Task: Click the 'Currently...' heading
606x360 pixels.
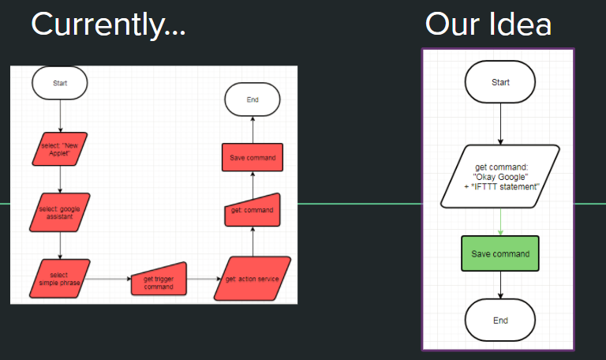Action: (x=108, y=25)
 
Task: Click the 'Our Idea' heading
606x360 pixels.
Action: (x=488, y=25)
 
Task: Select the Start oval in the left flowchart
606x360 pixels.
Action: (x=60, y=83)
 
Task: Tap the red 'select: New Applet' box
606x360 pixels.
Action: (x=61, y=149)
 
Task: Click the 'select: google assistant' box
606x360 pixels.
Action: (x=61, y=212)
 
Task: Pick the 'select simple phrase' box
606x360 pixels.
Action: (x=60, y=279)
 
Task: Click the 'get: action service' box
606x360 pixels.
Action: (x=252, y=279)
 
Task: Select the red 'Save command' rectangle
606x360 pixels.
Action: (x=252, y=157)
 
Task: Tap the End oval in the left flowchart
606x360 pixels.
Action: (x=252, y=100)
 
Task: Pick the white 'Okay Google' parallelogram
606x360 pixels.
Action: (x=500, y=176)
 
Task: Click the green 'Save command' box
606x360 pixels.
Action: (x=500, y=254)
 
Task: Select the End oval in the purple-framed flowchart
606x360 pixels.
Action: (x=500, y=321)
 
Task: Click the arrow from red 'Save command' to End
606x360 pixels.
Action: (x=252, y=131)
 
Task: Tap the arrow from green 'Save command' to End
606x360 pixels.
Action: (x=500, y=286)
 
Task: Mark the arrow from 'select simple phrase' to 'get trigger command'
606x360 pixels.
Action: (x=107, y=279)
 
